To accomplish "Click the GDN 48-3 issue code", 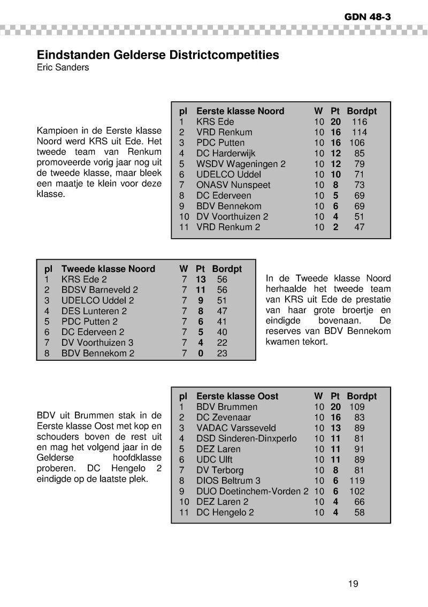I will click(x=368, y=17).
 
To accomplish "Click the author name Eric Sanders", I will click(x=63, y=68).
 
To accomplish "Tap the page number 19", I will click(x=353, y=583).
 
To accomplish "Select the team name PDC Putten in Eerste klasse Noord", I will click(x=220, y=143).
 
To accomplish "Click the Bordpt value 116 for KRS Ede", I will click(x=360, y=122).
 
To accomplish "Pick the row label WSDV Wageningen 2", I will click(x=241, y=164).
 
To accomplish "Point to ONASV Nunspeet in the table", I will click(x=233, y=185).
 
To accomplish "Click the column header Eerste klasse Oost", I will click(x=238, y=397).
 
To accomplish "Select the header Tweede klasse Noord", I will click(x=108, y=269).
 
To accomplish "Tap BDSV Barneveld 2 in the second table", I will click(x=100, y=290).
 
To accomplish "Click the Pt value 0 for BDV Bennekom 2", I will click(x=201, y=353).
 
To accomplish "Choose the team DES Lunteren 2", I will click(x=94, y=311).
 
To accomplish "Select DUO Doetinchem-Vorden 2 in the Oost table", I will click(x=253, y=491).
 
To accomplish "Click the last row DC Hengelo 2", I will click(x=225, y=512).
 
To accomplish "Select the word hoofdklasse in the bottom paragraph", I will click(x=137, y=458).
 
